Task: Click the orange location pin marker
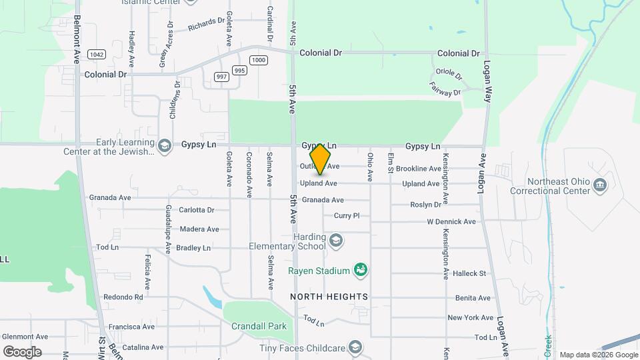coord(321,159)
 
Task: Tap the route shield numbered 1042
coord(96,55)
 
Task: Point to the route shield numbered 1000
coord(259,60)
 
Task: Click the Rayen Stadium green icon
coord(361,270)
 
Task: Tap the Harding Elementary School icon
coord(337,239)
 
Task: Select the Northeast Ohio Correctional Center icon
coord(601,185)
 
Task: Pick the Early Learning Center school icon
coord(164,145)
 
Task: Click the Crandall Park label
coord(259,326)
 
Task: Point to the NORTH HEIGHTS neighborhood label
coord(329,296)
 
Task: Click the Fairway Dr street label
coord(445,89)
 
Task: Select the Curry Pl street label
coord(347,215)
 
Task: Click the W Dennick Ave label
coord(451,221)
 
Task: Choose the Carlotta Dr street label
coord(197,209)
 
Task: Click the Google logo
coord(22,352)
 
